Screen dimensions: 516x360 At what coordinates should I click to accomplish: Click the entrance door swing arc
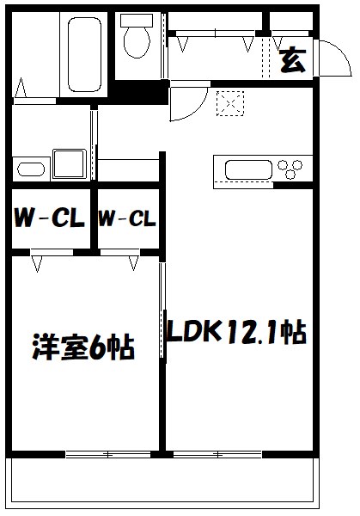click(332, 57)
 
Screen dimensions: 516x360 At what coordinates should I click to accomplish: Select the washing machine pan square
click(68, 163)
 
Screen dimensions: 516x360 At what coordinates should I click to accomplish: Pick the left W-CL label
click(48, 219)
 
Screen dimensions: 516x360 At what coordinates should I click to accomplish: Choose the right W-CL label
click(126, 219)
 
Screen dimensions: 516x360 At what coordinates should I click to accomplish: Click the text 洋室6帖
click(83, 348)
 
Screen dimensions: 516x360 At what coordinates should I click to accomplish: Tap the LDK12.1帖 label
click(236, 331)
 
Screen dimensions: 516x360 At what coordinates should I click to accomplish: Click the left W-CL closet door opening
click(49, 253)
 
